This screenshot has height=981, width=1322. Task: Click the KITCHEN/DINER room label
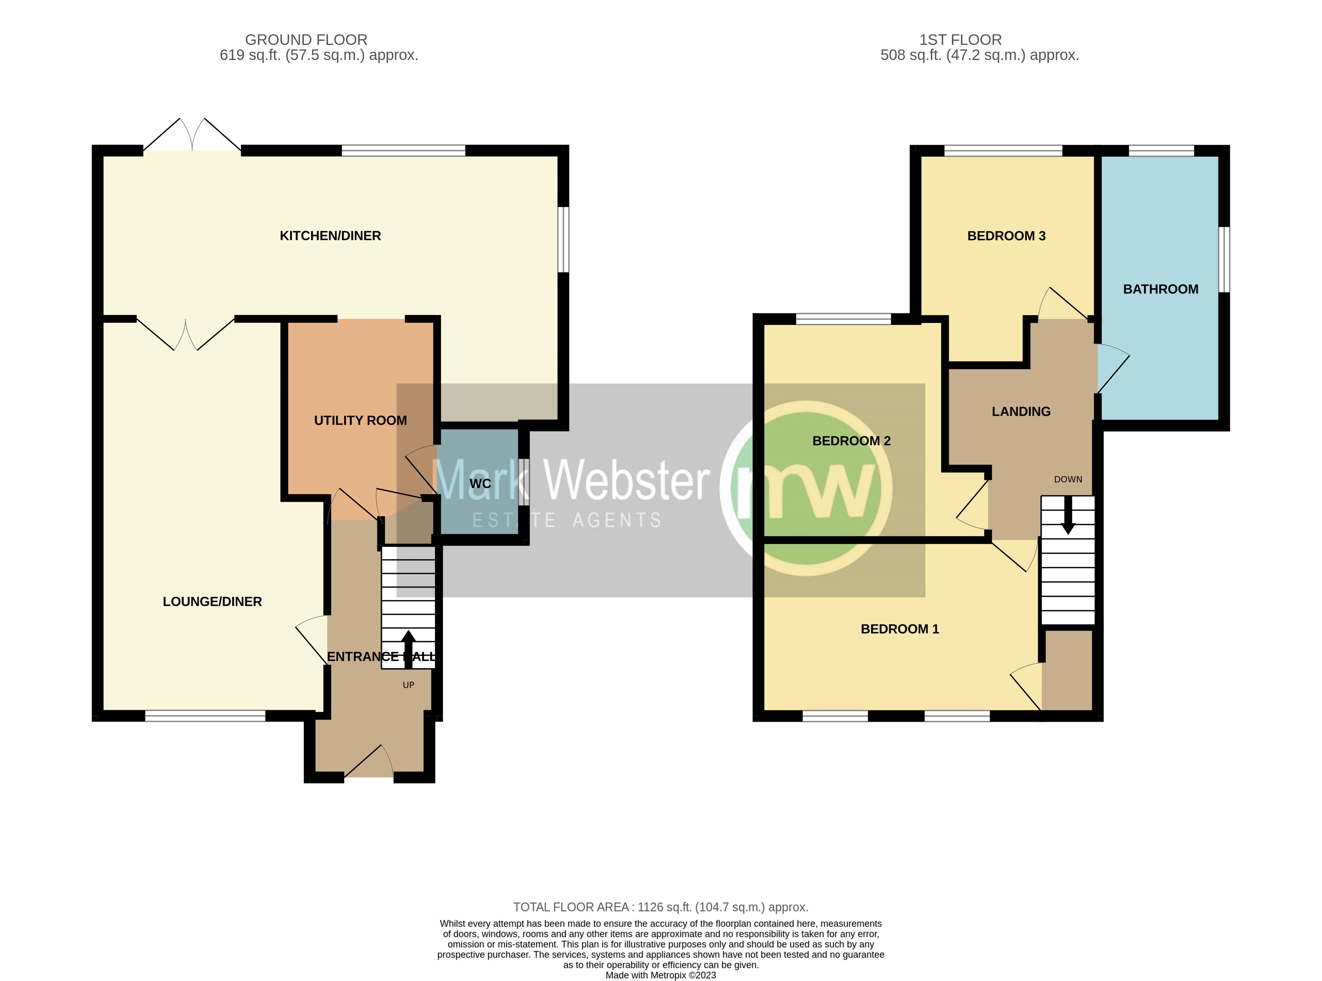pos(330,236)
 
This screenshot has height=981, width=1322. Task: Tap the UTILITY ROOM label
pos(360,420)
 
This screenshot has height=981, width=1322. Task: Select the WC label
pos(480,483)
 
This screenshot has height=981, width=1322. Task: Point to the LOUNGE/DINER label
pos(212,601)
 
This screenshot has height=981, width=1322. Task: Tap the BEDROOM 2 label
pos(851,441)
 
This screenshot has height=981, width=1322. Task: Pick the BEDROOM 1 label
pos(899,629)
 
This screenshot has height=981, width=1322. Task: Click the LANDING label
pos(1020,412)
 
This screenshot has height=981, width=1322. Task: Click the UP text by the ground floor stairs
pos(408,685)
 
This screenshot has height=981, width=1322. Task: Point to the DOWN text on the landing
pos(1068,479)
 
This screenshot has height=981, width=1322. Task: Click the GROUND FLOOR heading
pos(306,40)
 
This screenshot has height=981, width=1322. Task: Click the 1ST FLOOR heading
pos(960,40)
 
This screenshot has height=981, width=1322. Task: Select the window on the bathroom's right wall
pos(1224,260)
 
